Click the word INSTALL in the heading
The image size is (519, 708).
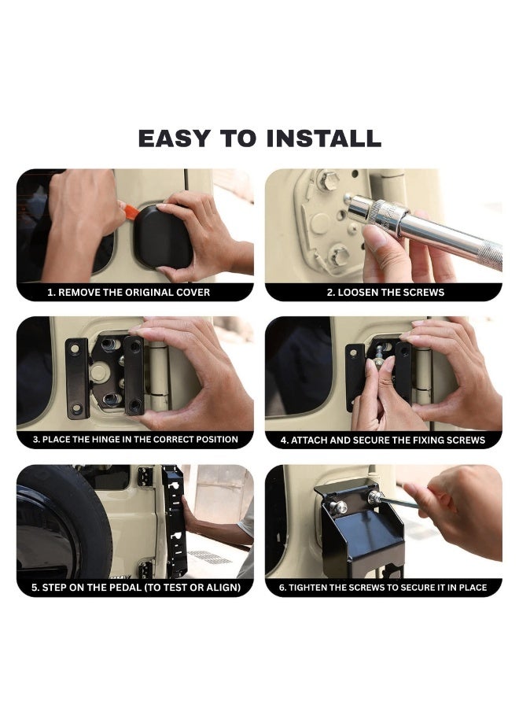tap(323, 138)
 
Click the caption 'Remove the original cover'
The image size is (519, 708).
tap(129, 292)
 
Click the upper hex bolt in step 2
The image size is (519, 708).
tap(328, 181)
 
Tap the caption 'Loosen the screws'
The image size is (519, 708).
tap(385, 292)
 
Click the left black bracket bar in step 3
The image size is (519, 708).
tap(77, 378)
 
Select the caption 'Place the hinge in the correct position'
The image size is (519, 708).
tap(135, 439)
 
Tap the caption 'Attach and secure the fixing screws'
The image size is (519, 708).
tap(383, 440)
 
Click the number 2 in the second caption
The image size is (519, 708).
tap(329, 292)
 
